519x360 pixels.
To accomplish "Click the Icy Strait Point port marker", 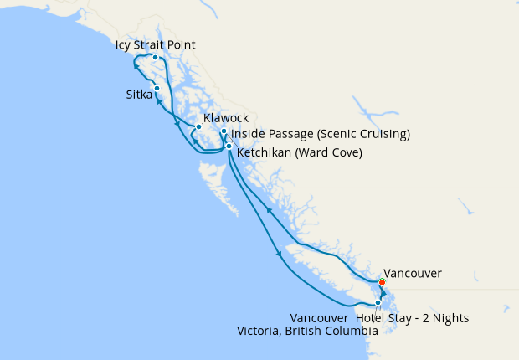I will [156, 57].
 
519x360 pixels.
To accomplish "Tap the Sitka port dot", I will [157, 88].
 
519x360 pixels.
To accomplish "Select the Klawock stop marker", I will [198, 127].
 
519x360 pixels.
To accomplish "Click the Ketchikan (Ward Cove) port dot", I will [229, 147].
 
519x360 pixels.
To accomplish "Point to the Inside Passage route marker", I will [224, 132].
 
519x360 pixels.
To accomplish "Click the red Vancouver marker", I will [382, 282].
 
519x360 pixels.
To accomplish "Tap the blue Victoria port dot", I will [378, 303].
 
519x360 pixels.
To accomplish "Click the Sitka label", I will [134, 95].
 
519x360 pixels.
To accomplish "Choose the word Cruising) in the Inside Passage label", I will [382, 134].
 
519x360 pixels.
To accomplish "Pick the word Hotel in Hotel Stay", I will [371, 318].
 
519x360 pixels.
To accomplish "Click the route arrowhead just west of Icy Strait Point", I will [137, 64].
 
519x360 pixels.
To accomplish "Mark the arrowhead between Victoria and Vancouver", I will [382, 295].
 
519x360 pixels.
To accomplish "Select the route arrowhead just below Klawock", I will [195, 141].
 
